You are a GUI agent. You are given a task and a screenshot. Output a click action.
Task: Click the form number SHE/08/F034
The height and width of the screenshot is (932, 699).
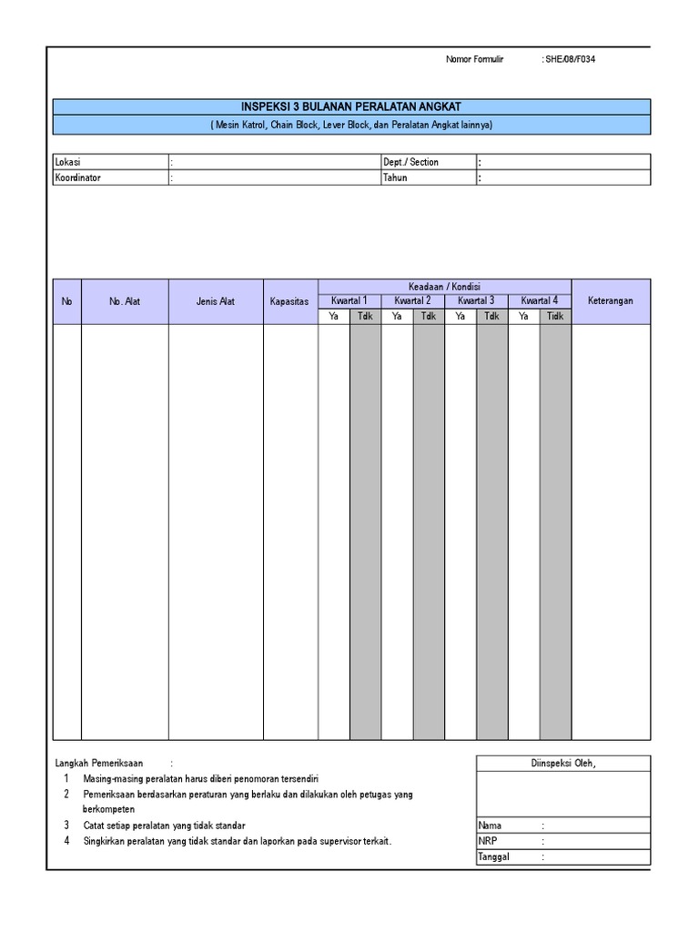click(x=572, y=59)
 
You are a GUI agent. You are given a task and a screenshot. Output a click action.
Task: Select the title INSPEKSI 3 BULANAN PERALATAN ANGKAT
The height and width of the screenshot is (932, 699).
click(x=351, y=107)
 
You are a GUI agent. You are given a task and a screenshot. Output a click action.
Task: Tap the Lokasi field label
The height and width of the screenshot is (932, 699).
click(x=69, y=162)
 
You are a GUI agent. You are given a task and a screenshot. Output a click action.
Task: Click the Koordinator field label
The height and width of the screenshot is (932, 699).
click(x=78, y=177)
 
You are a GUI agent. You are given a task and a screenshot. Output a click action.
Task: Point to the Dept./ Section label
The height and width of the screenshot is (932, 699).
click(x=410, y=162)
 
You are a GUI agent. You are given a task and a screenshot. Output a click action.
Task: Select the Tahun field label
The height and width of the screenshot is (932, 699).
click(x=395, y=177)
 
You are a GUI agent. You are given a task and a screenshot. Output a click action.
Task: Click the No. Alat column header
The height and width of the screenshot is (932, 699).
click(x=125, y=301)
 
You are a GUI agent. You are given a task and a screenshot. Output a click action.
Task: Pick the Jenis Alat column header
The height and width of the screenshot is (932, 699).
click(x=215, y=301)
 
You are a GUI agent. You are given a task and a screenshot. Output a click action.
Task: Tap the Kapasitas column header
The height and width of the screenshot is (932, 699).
click(x=289, y=301)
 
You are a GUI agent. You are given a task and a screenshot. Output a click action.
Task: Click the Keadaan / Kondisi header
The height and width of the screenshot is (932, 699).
click(x=444, y=286)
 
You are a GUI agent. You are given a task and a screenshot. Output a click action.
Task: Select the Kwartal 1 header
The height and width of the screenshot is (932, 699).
click(x=349, y=300)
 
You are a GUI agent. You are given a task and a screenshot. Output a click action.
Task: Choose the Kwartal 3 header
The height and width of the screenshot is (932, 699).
click(x=476, y=300)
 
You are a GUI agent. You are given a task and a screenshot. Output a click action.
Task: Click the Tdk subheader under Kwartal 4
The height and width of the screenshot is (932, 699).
click(x=555, y=316)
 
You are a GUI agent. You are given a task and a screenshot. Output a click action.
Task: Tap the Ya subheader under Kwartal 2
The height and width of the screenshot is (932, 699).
click(x=397, y=316)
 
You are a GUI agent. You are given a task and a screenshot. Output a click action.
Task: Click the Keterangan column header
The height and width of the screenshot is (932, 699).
click(x=610, y=301)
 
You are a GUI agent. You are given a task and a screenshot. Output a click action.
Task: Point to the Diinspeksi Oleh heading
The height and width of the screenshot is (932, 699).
click(x=562, y=764)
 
